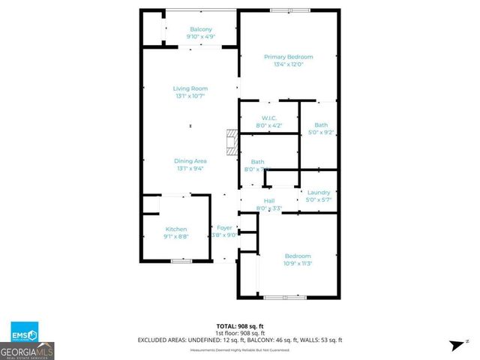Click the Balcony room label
click(190, 29)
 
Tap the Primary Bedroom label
click(288, 57)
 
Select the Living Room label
click(190, 88)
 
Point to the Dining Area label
click(190, 161)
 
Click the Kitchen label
click(176, 229)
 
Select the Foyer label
click(225, 227)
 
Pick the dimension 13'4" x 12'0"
click(288, 64)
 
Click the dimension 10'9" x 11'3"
click(297, 263)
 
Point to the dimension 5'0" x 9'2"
click(321, 133)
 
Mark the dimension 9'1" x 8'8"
click(176, 236)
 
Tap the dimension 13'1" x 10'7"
click(190, 96)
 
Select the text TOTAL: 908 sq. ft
click(240, 325)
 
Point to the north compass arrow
click(454, 344)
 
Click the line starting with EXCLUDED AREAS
click(240, 340)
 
